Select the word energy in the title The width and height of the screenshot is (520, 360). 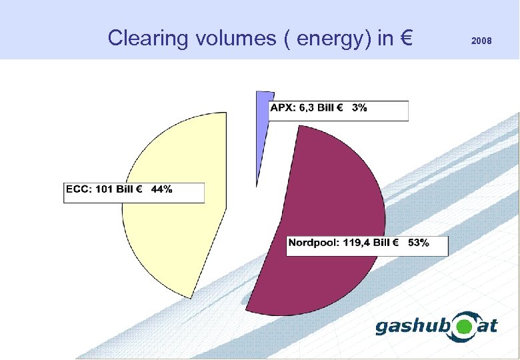click(326, 39)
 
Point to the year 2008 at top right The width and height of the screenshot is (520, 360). click(481, 41)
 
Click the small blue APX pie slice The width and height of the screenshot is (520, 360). click(263, 127)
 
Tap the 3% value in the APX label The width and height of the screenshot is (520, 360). click(359, 109)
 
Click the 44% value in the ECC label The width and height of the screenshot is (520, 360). click(161, 189)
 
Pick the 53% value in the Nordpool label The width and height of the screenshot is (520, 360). click(418, 243)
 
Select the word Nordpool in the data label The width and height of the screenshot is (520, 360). click(313, 243)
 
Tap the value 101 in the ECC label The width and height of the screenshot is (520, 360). click(105, 189)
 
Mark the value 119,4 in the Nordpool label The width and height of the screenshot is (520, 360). click(357, 243)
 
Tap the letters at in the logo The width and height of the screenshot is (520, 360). click(488, 327)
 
